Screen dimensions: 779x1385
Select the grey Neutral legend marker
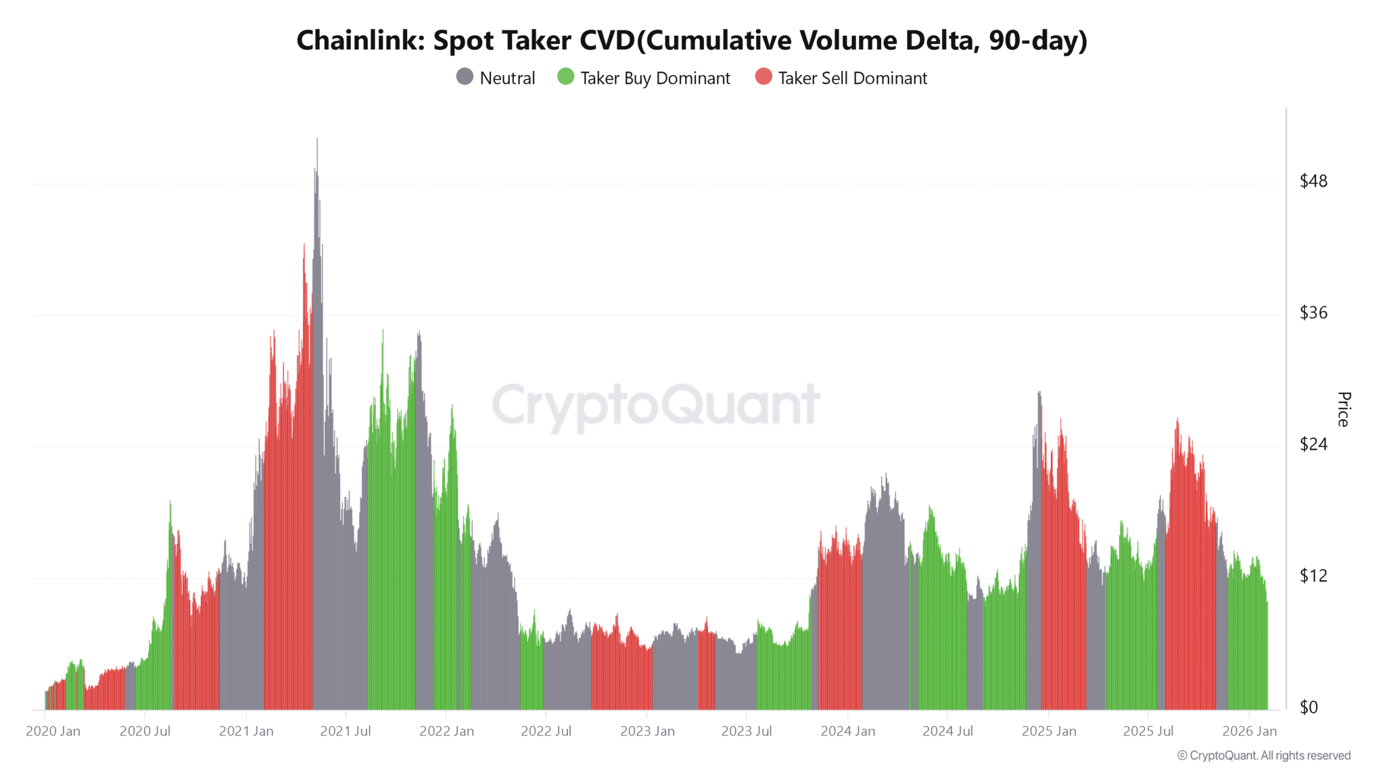[465, 77]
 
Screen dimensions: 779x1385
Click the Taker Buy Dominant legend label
[655, 78]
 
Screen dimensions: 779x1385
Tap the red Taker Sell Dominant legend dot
[764, 77]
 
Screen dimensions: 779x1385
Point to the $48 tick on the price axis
[1313, 181]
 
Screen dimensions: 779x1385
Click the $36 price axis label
[1313, 312]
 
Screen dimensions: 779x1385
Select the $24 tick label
[1313, 444]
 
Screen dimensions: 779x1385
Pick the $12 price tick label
[1313, 575]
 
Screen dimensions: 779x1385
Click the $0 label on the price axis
[1309, 707]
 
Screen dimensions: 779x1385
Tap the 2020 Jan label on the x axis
[53, 731]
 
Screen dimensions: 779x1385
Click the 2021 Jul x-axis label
[345, 731]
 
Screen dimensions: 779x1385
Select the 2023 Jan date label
[647, 731]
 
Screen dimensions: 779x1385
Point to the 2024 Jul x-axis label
[947, 731]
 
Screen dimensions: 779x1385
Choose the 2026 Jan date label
[1249, 731]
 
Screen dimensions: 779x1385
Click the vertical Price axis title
[1344, 409]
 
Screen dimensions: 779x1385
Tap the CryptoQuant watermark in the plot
[655, 404]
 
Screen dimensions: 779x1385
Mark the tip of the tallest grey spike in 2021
[317, 139]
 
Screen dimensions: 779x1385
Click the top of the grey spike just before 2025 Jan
[1039, 392]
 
